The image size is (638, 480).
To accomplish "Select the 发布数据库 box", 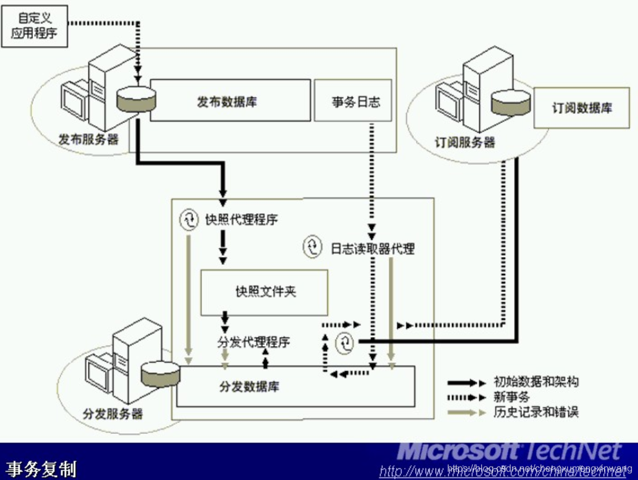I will pos(230,101).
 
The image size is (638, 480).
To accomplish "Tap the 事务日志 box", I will pos(353,101).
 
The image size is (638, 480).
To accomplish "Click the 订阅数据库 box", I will pos(581,108).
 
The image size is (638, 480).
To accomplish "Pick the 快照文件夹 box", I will pos(265,292).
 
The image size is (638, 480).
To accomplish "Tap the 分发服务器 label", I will pos(113,415).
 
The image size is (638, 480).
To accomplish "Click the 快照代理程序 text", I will pos(241,219).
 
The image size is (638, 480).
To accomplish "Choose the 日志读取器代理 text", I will pos(372,248).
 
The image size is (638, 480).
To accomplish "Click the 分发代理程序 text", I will pos(253,342).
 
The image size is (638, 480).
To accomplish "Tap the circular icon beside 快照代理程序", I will pos(189,219).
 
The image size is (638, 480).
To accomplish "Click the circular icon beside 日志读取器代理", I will pos(313,247).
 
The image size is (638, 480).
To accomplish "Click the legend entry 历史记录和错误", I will pos(536,412).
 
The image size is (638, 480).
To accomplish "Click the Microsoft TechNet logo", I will pos(509,452).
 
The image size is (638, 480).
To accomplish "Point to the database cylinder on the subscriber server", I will pos(513,101).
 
